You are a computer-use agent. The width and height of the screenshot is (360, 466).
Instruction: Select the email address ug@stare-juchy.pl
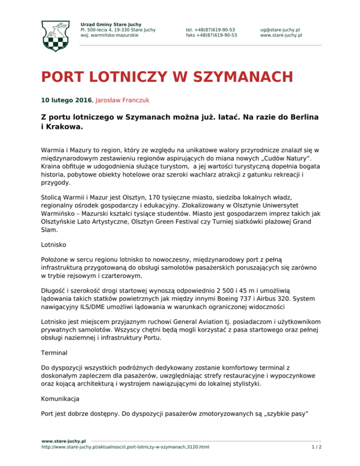pos(281,30)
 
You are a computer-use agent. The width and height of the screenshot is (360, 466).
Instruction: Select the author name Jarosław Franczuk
pos(128,100)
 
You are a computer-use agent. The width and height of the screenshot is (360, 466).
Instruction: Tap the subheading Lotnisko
pos(53,244)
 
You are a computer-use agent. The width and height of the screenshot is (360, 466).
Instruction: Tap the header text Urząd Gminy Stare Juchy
pos(111,24)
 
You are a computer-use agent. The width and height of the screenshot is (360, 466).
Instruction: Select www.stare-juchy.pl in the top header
pos(281,35)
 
